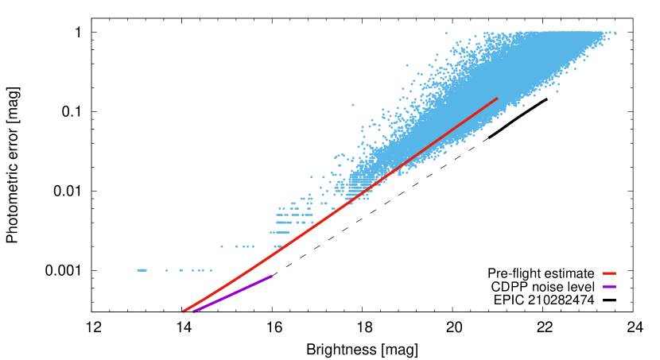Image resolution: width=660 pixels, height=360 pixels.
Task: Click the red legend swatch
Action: coord(609,273)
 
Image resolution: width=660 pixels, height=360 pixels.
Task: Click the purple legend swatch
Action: coord(609,287)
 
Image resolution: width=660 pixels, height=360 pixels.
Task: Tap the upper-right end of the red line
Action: coord(497,99)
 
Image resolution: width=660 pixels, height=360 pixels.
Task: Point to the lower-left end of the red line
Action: coord(184,311)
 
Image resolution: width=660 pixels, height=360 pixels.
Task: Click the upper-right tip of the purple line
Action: coord(272,276)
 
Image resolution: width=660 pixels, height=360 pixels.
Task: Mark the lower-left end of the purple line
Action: coord(194,311)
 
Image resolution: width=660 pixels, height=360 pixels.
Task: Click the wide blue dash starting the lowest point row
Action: coord(142,270)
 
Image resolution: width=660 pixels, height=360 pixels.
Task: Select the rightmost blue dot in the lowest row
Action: coord(211,270)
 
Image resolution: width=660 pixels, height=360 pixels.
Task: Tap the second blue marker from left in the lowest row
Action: coord(166,270)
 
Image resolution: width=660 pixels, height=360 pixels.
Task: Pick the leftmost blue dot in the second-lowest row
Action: coord(222,246)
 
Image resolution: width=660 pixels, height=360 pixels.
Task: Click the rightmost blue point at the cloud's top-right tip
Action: coord(615,33)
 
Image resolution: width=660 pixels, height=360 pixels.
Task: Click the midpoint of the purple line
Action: coord(233,293)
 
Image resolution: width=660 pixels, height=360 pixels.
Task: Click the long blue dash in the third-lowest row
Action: coord(283,232)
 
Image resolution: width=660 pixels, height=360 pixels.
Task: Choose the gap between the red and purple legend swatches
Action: coord(609,281)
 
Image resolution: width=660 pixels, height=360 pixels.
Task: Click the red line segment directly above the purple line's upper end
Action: coord(272,253)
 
